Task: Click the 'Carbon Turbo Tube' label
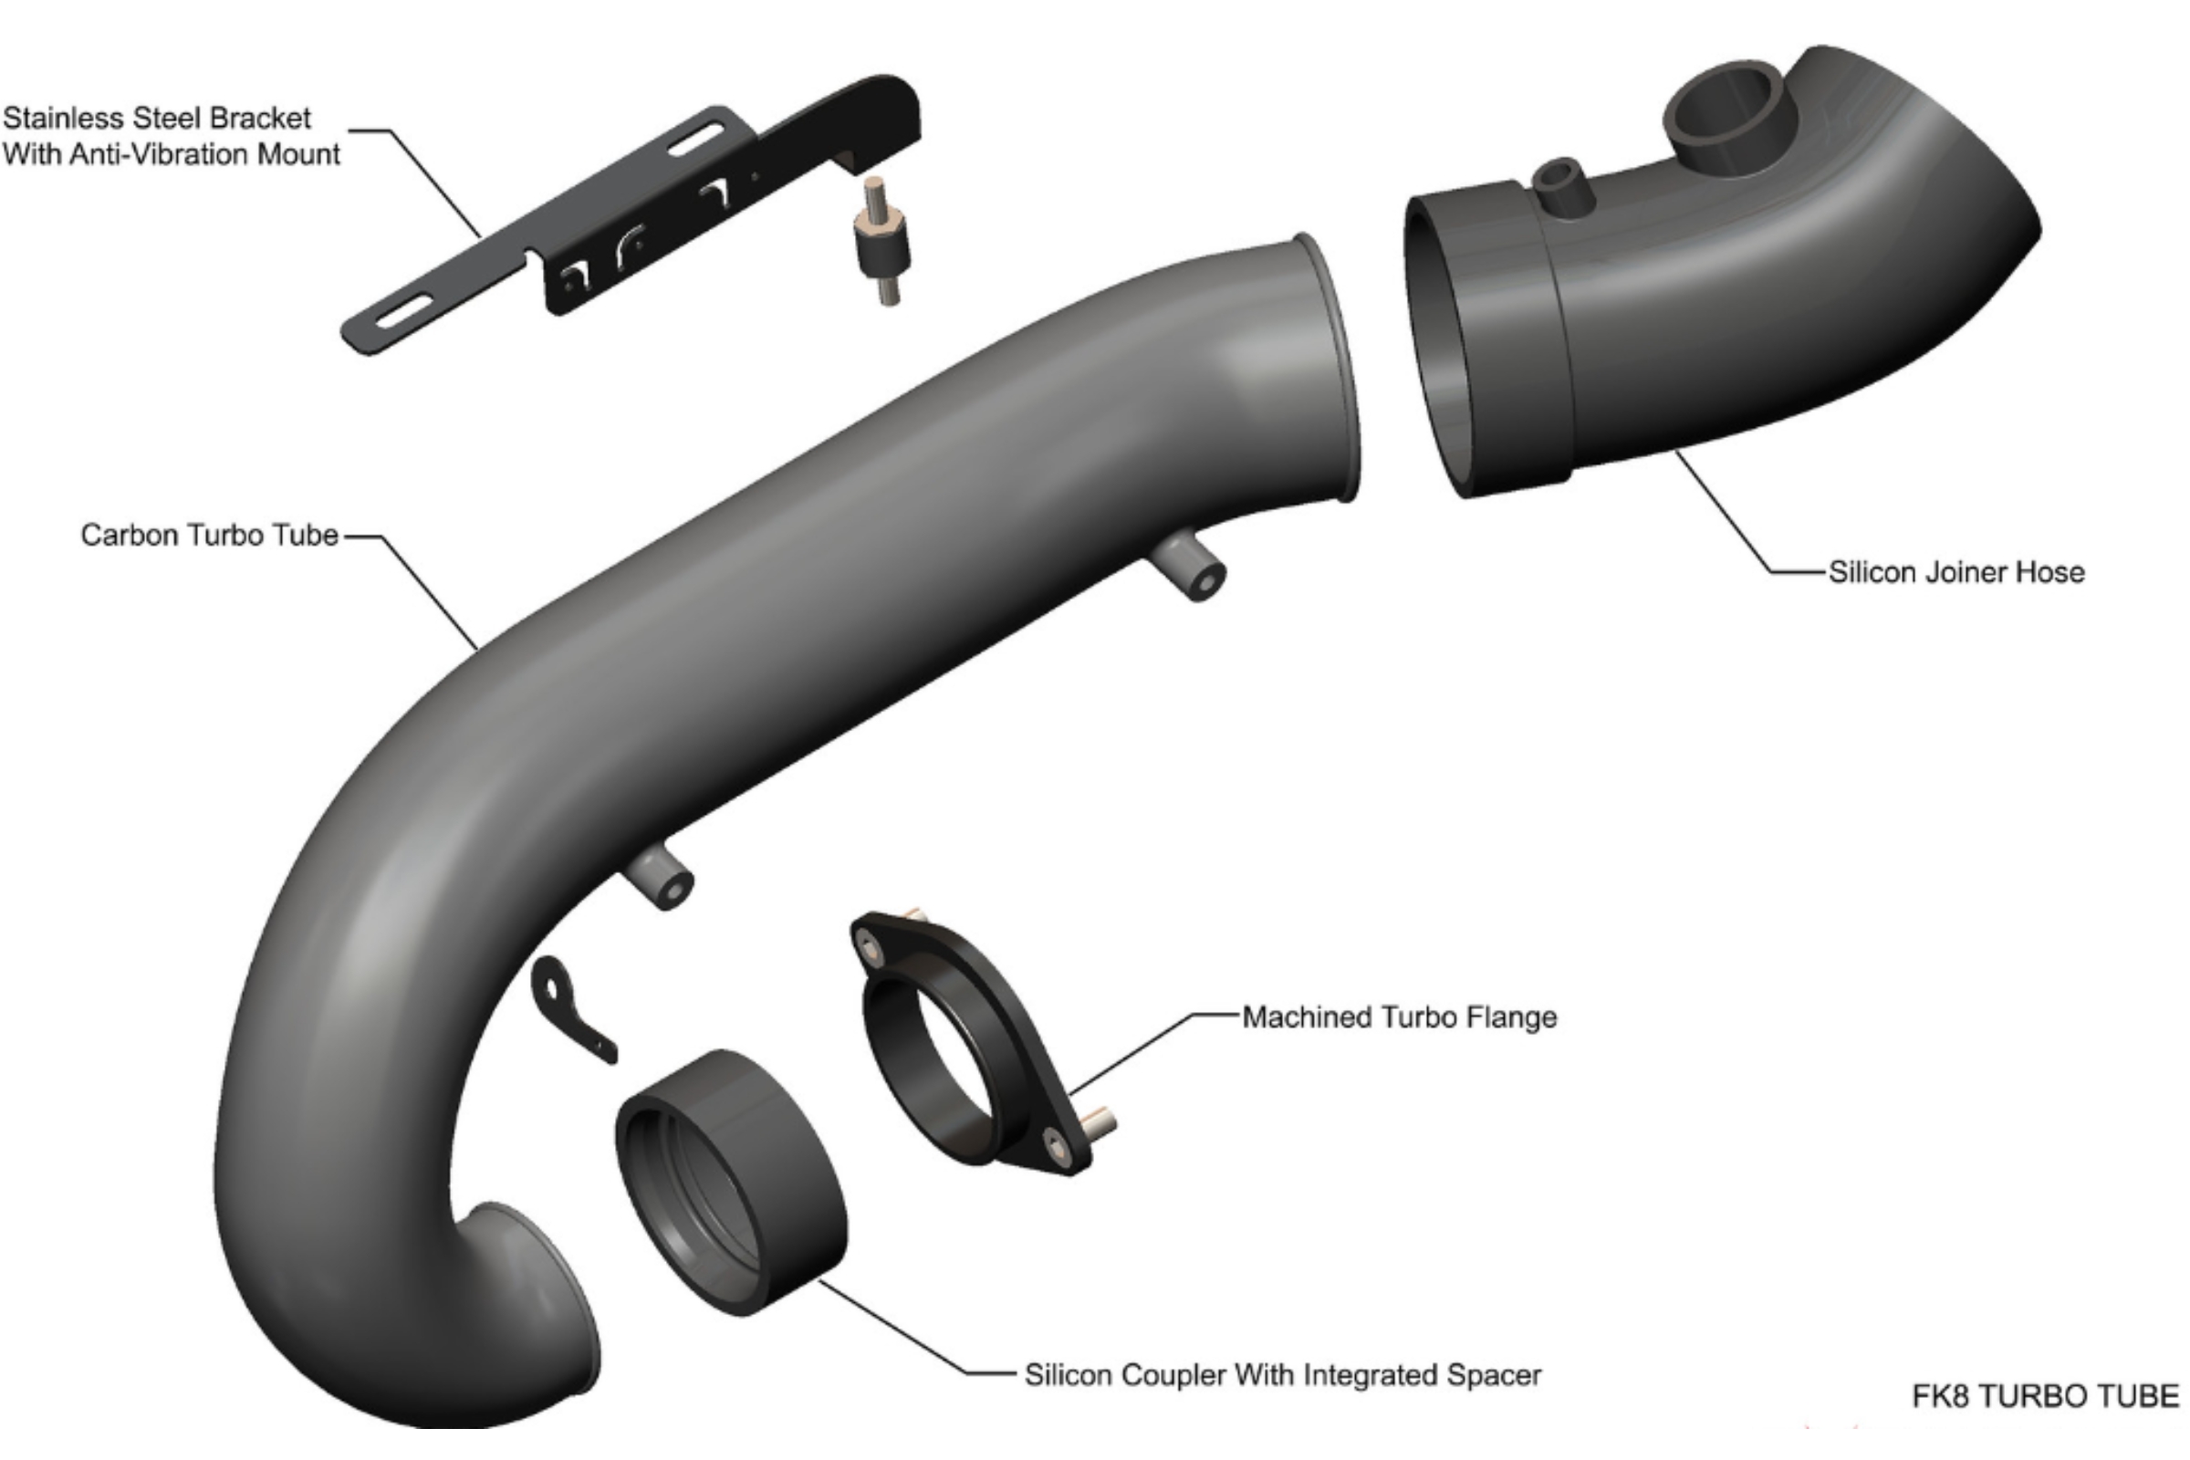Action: pyautogui.click(x=209, y=536)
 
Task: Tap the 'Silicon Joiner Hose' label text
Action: pyautogui.click(x=1955, y=572)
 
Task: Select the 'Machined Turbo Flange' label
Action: pyautogui.click(x=1399, y=1017)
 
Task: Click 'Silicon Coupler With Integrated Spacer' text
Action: pyautogui.click(x=1282, y=1375)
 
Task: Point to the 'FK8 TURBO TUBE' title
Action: pyautogui.click(x=2045, y=1397)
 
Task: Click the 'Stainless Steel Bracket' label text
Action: pyautogui.click(x=156, y=119)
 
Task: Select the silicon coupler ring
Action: pyautogui.click(x=731, y=1183)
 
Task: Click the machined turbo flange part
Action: pyautogui.click(x=968, y=1043)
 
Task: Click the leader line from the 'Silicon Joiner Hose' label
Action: pyautogui.click(x=1723, y=512)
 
